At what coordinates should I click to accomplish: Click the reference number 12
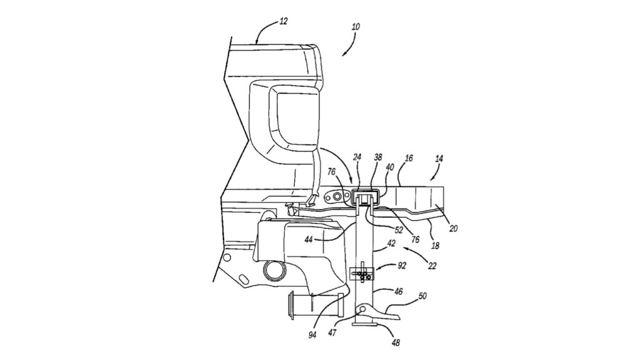tap(284, 21)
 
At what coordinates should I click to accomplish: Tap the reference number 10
tap(356, 27)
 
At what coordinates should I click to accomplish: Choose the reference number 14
tap(439, 160)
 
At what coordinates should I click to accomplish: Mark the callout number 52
tap(398, 230)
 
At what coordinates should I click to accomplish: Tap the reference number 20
tap(453, 229)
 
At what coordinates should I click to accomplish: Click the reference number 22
tap(433, 266)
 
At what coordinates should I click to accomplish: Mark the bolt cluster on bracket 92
tap(364, 275)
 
